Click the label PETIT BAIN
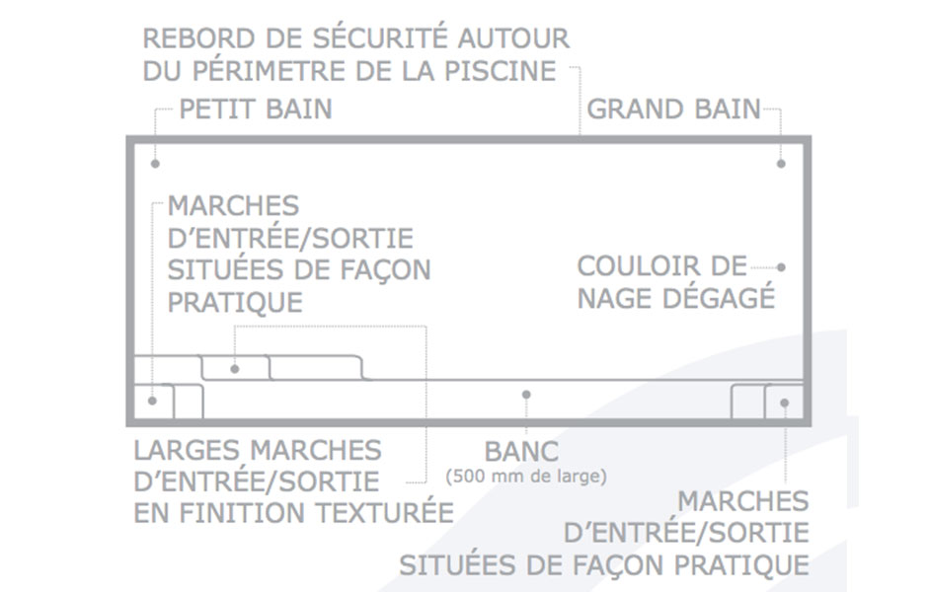[255, 110]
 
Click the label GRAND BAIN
[673, 110]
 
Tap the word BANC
[521, 453]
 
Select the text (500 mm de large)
[526, 477]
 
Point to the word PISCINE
[501, 71]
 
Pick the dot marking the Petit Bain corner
[155, 164]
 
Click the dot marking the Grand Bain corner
[781, 164]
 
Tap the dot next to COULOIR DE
[781, 267]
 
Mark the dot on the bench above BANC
[526, 395]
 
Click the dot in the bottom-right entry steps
[785, 403]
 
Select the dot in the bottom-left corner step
[152, 401]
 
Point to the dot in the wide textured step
[235, 369]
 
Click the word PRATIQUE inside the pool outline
[235, 303]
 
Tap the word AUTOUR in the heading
[513, 38]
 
